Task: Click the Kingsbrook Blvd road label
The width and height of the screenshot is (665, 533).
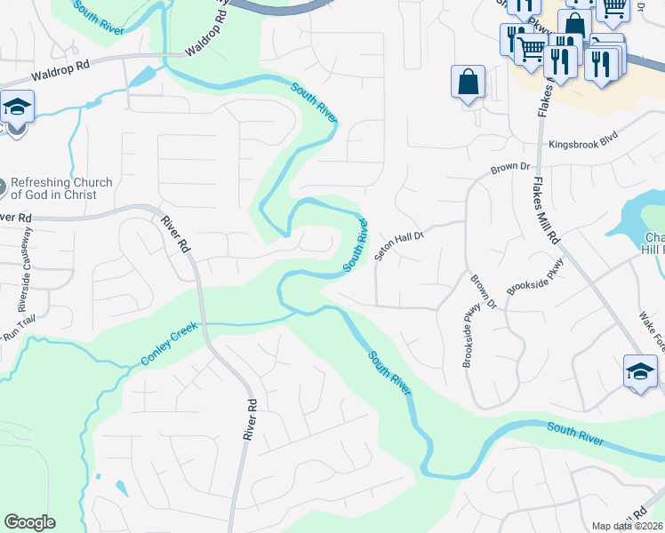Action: pos(582,142)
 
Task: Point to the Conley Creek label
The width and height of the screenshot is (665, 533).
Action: pos(172,347)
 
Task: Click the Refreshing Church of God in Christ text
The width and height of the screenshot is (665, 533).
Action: pos(62,189)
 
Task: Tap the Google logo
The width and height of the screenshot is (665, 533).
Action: pos(29,522)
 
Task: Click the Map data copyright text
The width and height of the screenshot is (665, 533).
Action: pos(628,526)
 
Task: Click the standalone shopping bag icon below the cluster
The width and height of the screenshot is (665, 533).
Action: pos(468,82)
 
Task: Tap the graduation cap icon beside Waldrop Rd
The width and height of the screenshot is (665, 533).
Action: pos(17,108)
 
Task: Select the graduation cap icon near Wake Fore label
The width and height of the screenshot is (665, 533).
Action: pos(640,371)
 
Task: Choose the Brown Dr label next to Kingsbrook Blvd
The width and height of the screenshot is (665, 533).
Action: pos(511,167)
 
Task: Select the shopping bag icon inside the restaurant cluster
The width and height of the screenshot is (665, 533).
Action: pos(576,24)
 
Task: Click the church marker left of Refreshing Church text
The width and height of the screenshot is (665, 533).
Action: pos(3,188)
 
